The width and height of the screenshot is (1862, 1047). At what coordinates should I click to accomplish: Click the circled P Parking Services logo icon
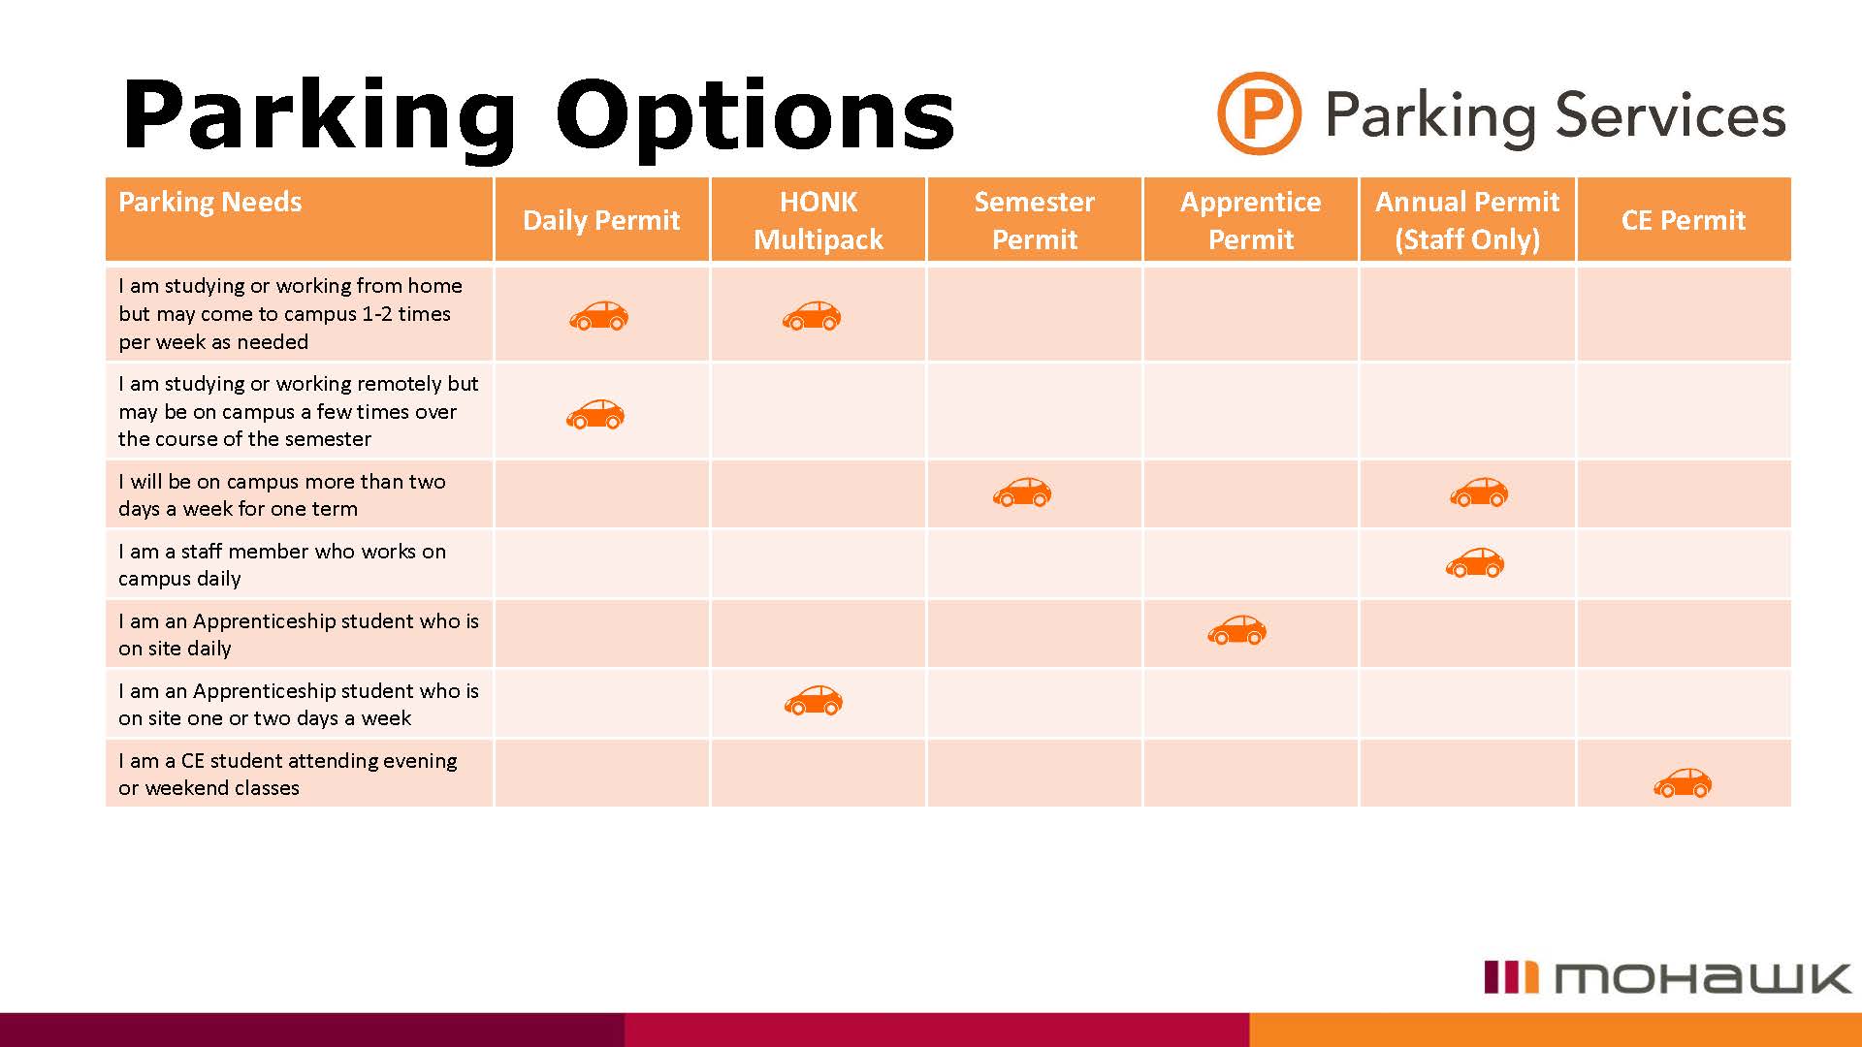click(1258, 113)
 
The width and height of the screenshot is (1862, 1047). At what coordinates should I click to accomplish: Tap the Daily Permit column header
click(601, 220)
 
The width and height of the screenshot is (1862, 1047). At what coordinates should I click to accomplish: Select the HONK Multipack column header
click(818, 220)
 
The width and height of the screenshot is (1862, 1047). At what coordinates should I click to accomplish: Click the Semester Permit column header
click(1034, 220)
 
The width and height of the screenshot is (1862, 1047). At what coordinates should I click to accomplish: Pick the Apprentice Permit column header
click(1250, 220)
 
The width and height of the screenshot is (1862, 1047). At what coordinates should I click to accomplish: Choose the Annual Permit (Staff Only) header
click(1466, 220)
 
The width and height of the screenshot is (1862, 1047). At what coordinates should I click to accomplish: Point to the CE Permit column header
click(1683, 220)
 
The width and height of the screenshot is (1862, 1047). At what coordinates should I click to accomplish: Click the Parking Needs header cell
click(210, 202)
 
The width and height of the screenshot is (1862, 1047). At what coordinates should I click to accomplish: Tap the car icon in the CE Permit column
click(1683, 782)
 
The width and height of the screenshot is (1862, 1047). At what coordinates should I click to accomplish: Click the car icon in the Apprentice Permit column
click(1236, 630)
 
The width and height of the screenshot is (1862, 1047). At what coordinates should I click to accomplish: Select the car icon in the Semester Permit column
click(1022, 492)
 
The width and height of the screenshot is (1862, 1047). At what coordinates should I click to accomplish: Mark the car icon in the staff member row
click(1474, 562)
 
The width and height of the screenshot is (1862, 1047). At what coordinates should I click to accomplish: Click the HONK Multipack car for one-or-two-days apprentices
click(814, 700)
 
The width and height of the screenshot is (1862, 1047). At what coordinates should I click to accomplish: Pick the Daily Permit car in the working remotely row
click(595, 414)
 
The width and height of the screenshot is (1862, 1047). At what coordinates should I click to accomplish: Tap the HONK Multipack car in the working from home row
click(812, 315)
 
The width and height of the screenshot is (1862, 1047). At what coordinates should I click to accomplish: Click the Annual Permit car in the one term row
click(1479, 492)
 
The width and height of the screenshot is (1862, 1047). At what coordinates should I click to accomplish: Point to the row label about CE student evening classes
click(287, 774)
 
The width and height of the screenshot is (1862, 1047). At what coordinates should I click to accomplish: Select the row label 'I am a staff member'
click(281, 564)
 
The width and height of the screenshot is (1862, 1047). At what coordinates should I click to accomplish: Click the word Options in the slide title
click(754, 116)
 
